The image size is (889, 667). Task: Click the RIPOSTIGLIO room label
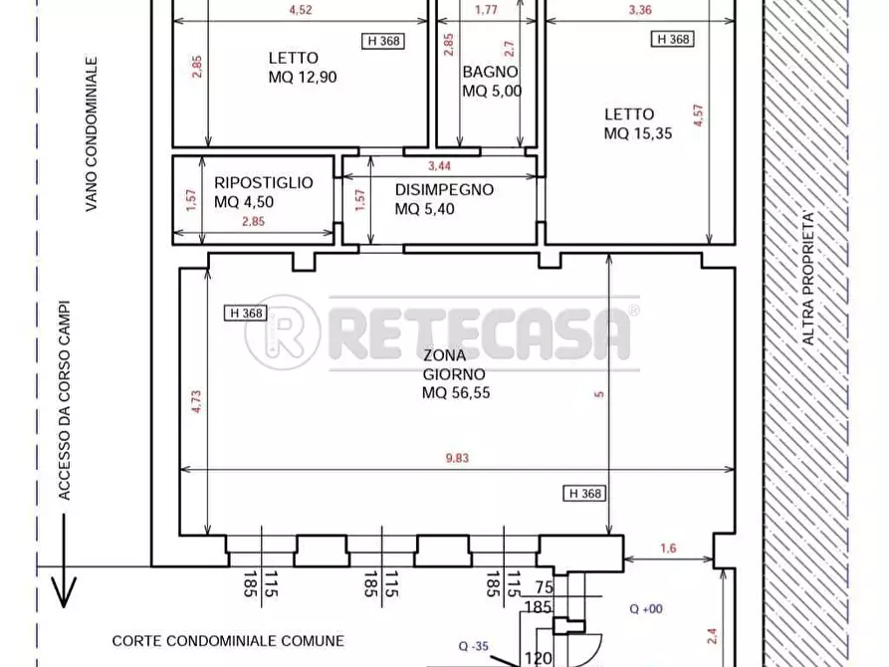(x=263, y=182)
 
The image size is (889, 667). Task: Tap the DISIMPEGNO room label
(x=444, y=189)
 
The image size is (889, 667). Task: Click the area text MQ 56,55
(x=456, y=392)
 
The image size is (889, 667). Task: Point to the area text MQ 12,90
(x=303, y=77)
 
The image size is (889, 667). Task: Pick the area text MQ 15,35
(x=638, y=133)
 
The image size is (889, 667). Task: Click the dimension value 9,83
(x=457, y=458)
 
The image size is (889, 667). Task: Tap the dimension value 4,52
(x=301, y=10)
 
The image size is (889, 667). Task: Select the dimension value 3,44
(x=439, y=165)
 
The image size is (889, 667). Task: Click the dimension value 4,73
(x=196, y=401)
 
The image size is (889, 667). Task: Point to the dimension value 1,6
(x=668, y=548)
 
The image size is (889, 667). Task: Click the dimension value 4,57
(x=698, y=115)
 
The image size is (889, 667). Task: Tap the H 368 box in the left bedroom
(x=383, y=41)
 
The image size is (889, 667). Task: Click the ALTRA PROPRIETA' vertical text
(x=808, y=278)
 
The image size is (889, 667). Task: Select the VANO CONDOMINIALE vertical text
(x=92, y=133)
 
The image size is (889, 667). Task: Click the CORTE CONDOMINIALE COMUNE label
(x=228, y=641)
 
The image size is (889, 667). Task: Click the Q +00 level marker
(x=646, y=608)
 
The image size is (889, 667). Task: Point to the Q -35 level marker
(x=474, y=646)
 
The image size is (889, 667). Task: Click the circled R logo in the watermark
(x=283, y=333)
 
